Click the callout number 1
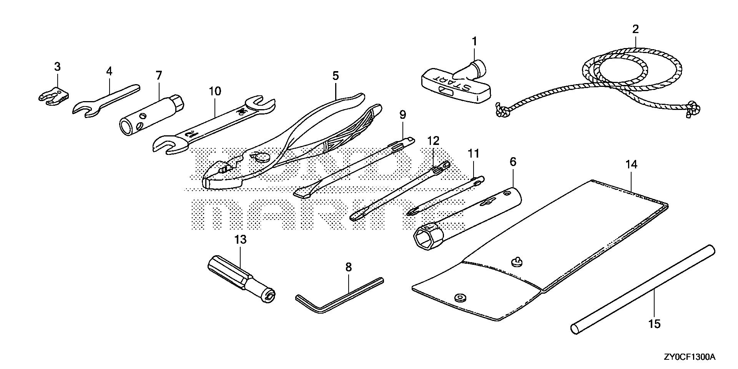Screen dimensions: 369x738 pyautogui.click(x=474, y=41)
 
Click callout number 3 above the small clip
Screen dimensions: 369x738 pyautogui.click(x=57, y=67)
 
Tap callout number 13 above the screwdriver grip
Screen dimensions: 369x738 pyautogui.click(x=240, y=240)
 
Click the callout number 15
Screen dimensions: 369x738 pyautogui.click(x=654, y=324)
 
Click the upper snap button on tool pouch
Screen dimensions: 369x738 pyautogui.click(x=517, y=263)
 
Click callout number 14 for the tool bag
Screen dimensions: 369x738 pyautogui.click(x=631, y=165)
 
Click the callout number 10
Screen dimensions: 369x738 pyautogui.click(x=215, y=91)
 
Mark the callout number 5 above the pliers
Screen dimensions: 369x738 pyautogui.click(x=336, y=76)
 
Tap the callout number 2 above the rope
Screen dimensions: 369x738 pyautogui.click(x=635, y=29)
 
